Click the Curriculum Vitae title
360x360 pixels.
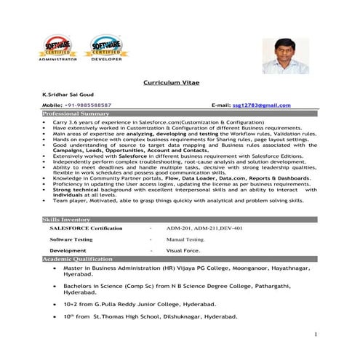[179, 84]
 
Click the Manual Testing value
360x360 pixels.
[186, 239]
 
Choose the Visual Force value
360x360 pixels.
[183, 250]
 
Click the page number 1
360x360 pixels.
[316, 334]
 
